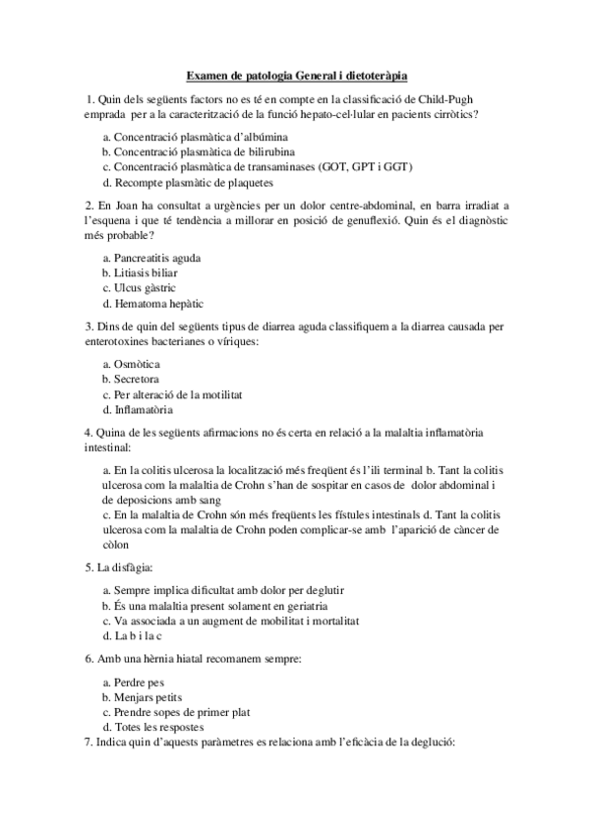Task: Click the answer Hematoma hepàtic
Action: (x=152, y=304)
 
